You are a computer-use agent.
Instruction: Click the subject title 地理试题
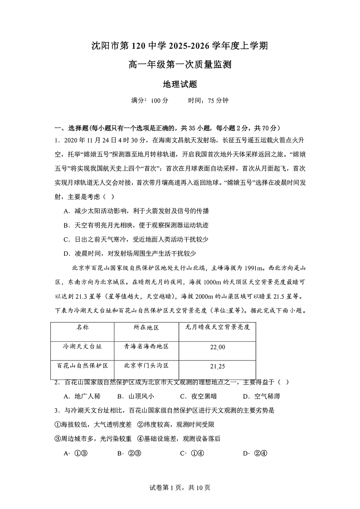[180, 84]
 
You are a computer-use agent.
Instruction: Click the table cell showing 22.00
[218, 347]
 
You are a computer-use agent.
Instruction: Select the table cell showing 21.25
[218, 366]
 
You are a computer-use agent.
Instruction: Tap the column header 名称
[82, 327]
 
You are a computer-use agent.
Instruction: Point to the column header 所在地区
[146, 327]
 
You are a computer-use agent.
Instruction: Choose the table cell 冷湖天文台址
[82, 346]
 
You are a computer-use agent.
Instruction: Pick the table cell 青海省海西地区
[146, 346]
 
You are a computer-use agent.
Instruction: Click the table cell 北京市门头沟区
[146, 365]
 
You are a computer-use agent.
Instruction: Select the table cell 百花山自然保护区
[82, 365]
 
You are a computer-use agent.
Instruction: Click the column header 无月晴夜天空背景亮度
[218, 327]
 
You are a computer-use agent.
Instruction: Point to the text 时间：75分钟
[208, 101]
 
